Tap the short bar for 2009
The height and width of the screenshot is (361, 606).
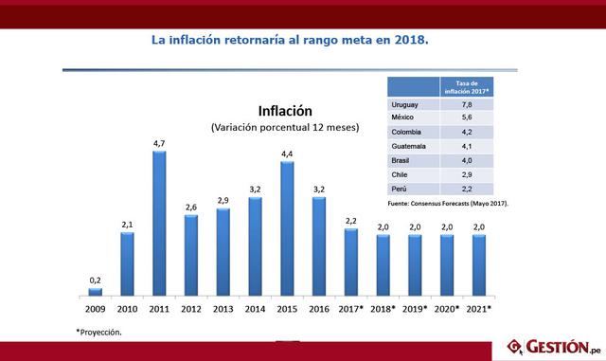point(95,292)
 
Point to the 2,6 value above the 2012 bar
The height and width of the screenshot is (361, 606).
point(191,207)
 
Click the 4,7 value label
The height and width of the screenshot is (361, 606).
point(159,143)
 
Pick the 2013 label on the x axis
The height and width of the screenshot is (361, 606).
point(223,310)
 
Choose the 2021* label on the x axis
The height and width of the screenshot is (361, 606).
point(479,310)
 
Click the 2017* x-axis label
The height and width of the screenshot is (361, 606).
point(351,310)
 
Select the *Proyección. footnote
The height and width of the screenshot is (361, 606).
point(99,332)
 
